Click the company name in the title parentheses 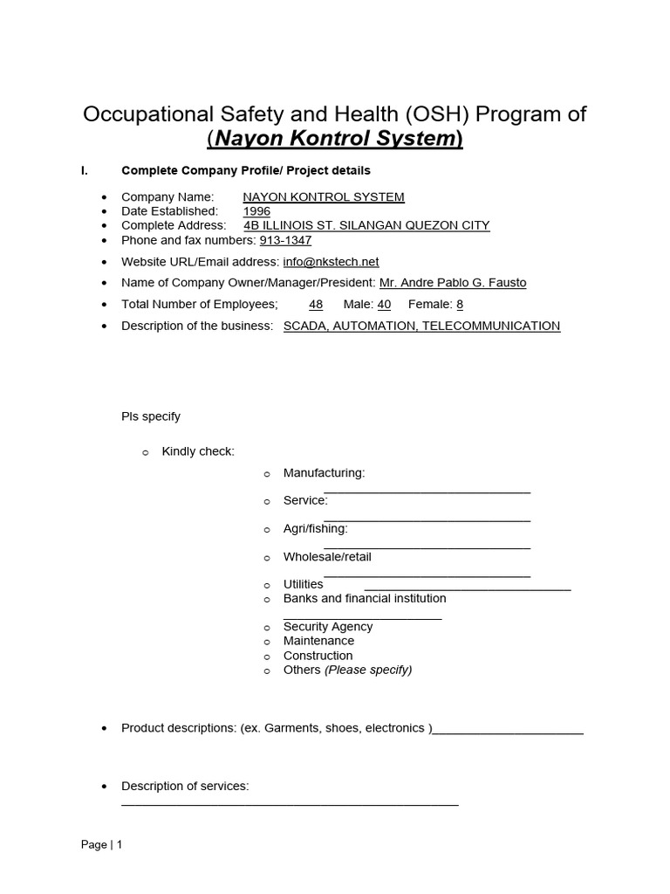point(335,138)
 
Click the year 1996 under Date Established point(256,211)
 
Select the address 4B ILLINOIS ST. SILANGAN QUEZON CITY point(366,225)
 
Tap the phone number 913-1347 point(285,240)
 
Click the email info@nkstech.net point(331,262)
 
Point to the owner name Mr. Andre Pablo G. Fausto point(453,283)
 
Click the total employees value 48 point(316,304)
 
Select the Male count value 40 point(384,304)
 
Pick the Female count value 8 point(460,304)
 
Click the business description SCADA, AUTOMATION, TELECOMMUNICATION point(421,326)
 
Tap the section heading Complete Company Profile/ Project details point(246,170)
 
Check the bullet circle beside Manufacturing point(268,474)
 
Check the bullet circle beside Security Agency point(268,628)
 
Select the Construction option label point(318,656)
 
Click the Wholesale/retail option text point(327,556)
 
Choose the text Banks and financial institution point(365,598)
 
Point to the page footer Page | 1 point(102,844)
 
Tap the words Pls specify point(151,416)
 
